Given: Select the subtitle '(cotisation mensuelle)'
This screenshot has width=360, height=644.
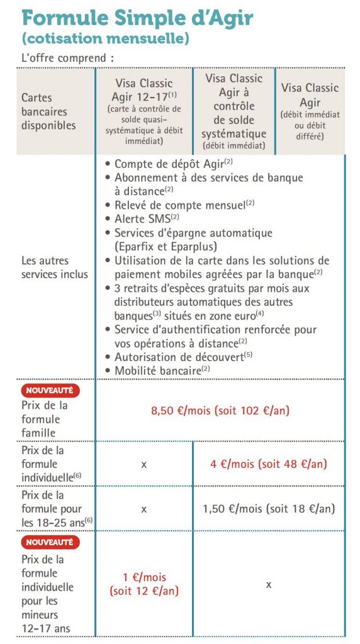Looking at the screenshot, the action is (x=105, y=38).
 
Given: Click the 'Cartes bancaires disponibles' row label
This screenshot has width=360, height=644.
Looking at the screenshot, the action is (x=48, y=111).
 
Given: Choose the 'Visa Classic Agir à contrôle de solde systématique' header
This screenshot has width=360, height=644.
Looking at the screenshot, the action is (x=233, y=111).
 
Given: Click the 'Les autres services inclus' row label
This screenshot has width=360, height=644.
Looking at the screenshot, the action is (x=55, y=267).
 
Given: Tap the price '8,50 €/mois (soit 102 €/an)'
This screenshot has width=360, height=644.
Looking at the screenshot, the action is (x=221, y=411).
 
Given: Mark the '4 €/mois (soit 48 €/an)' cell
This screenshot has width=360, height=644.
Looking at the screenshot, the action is (x=268, y=464).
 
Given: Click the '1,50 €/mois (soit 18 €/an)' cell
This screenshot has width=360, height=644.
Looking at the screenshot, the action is (x=268, y=508).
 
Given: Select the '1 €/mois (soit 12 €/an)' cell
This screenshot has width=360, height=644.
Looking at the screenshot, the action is (x=144, y=584).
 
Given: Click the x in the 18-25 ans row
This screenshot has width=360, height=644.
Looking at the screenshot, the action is (x=143, y=508).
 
